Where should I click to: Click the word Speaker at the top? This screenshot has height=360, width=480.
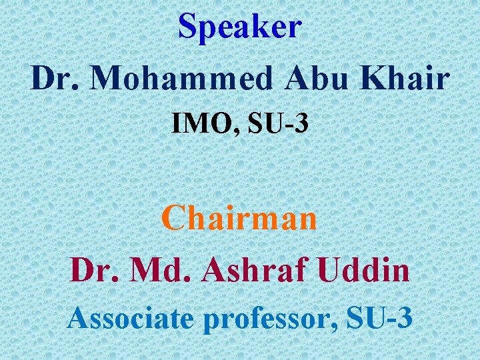pos(240,27)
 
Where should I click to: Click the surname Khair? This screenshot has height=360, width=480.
pos(405,79)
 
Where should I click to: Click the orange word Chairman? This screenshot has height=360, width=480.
pos(239,218)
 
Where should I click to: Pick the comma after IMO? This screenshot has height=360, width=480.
pos(238,130)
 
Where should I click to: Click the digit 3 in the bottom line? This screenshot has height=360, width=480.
pos(403,318)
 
